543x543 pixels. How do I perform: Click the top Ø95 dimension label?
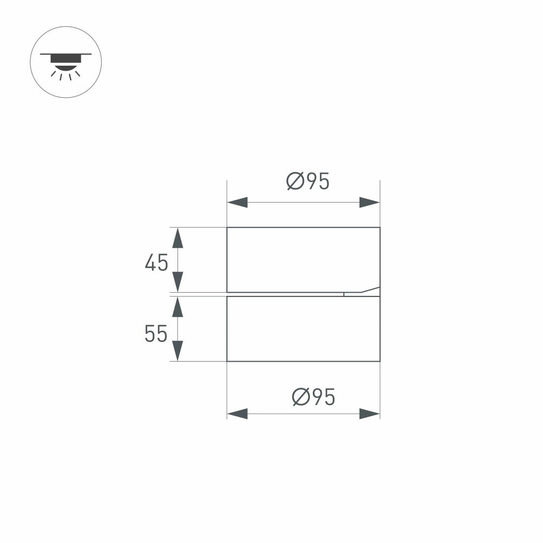(x=308, y=181)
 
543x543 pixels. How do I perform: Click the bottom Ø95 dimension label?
(x=313, y=397)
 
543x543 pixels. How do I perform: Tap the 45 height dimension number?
(x=156, y=263)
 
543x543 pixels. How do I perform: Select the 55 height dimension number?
(x=156, y=334)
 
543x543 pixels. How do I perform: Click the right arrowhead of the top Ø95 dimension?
(x=369, y=203)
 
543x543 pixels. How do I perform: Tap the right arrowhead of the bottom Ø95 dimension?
(x=369, y=414)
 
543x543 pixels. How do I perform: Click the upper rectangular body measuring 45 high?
(x=303, y=259)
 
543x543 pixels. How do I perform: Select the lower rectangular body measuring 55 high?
(x=303, y=329)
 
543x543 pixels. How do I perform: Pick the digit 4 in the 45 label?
(x=150, y=263)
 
